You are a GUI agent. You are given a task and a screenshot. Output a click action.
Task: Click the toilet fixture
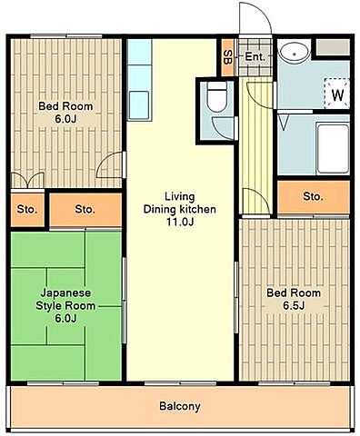pos(217,97)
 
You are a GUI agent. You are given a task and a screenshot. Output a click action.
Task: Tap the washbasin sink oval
pos(294,53)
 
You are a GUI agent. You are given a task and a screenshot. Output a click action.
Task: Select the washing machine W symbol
pos(337,94)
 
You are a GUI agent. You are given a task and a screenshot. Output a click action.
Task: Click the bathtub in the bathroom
pos(333,148)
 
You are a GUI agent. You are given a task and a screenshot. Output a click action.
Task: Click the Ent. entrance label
pos(255,56)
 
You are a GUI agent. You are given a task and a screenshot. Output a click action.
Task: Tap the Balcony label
pos(180,406)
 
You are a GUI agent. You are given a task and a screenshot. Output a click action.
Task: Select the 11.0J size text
pos(180,222)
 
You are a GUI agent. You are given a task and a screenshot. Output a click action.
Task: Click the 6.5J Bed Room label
pos(294,300)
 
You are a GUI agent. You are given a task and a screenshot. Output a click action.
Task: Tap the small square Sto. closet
pos(27,210)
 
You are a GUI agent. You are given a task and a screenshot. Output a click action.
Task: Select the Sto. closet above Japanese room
pos(85,210)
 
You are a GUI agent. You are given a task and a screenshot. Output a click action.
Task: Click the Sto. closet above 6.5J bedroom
pos(314,197)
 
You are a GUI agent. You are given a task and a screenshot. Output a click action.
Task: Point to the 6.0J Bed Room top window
pos(66,36)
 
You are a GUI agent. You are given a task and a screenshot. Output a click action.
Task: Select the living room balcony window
pos(180,383)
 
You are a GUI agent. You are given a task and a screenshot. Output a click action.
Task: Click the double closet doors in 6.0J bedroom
pos(27,180)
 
